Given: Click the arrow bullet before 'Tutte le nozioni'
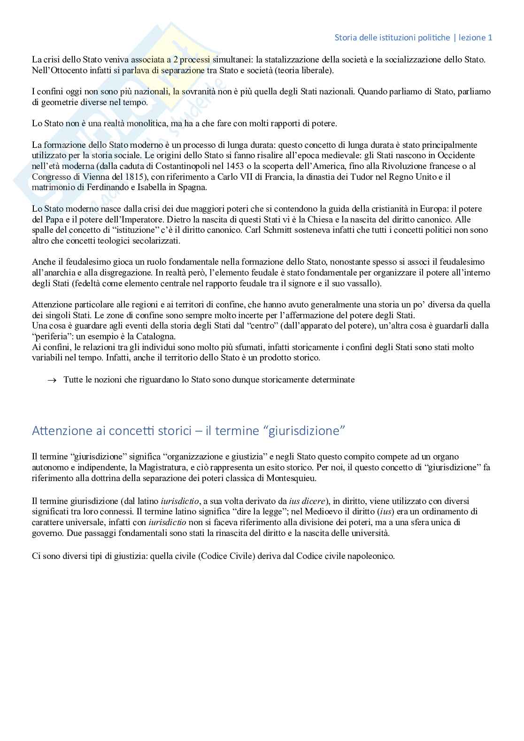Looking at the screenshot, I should coord(52,380).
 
